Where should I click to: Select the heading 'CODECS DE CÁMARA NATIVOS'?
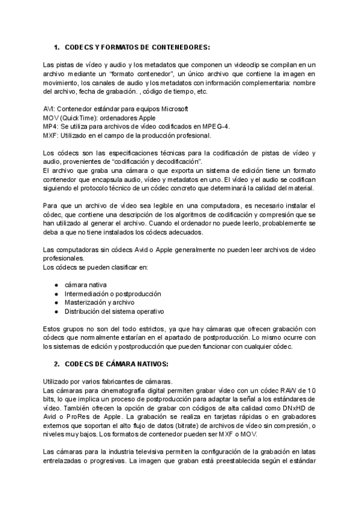[x=117, y=364]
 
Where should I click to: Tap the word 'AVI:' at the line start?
[x=51, y=109]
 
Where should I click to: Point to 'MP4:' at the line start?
[x=51, y=127]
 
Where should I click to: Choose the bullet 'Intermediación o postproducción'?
[x=113, y=294]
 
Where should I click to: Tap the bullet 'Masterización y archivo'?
[x=100, y=303]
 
